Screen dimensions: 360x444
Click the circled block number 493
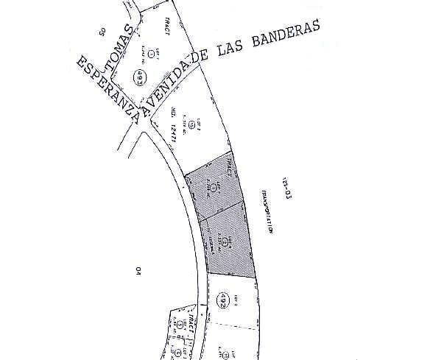[138, 77]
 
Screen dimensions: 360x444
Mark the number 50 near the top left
[102, 31]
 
